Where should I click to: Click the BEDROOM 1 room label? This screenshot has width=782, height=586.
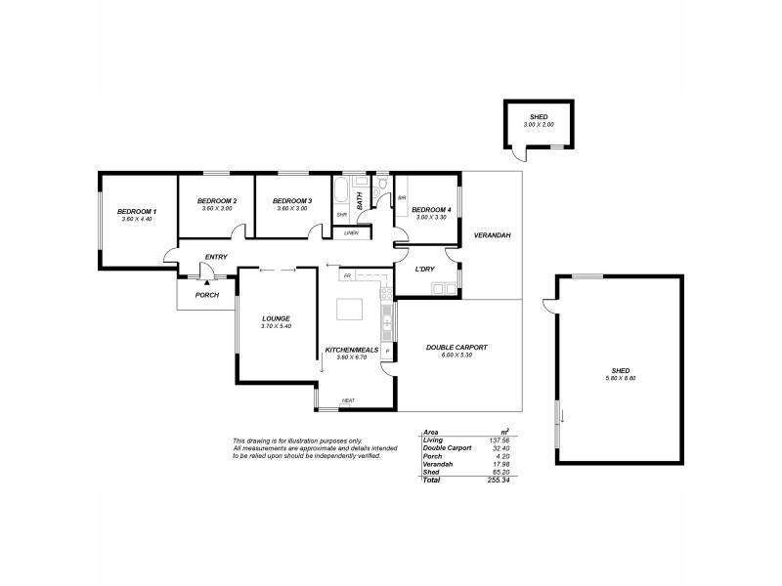point(137,211)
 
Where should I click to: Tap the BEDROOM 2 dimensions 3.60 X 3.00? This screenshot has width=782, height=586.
point(217,208)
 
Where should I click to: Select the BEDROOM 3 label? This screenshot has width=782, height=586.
point(292,200)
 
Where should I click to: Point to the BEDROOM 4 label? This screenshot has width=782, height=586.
point(431,210)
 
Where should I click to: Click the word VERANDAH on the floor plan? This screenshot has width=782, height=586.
point(493,236)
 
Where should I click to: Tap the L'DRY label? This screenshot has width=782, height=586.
point(424,269)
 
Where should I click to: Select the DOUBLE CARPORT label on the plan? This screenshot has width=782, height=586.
point(456,348)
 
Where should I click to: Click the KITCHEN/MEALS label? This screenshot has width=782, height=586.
point(351,350)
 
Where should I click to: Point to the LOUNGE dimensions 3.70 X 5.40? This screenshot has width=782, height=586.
point(276,326)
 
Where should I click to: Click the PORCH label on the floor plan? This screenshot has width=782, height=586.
point(207,295)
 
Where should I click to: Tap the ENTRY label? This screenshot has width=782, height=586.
point(215,257)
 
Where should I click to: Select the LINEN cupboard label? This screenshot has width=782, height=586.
point(351,232)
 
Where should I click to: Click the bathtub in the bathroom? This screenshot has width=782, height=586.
point(341,192)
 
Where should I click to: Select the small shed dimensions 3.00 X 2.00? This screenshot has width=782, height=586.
point(538,125)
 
